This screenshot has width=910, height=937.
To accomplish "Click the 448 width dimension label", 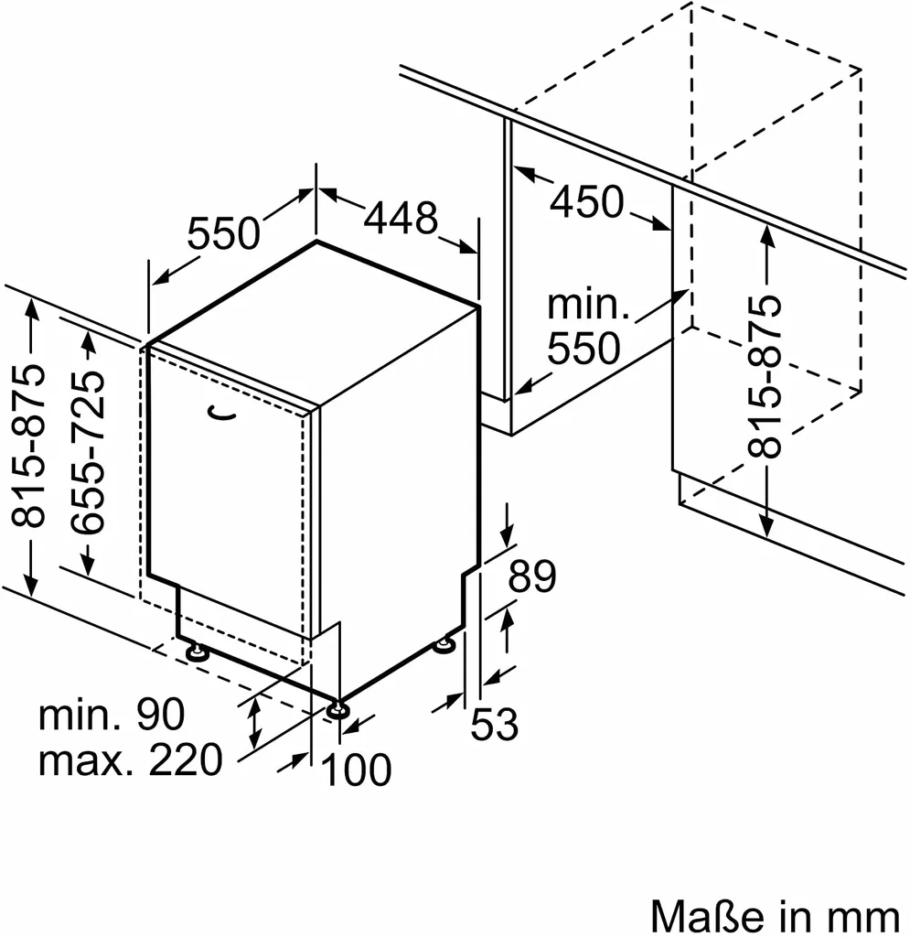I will pyautogui.click(x=401, y=219).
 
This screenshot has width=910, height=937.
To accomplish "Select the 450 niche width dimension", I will pyautogui.click(x=586, y=201).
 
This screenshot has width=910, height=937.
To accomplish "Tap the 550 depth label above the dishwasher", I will pyautogui.click(x=224, y=234).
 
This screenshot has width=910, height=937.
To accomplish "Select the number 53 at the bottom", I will pyautogui.click(x=494, y=726).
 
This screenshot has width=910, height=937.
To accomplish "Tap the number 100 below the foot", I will pyautogui.click(x=357, y=770).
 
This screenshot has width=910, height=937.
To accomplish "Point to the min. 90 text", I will pyautogui.click(x=112, y=714).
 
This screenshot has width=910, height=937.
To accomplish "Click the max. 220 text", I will pyautogui.click(x=130, y=759).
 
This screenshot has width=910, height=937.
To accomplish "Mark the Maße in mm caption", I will pyautogui.click(x=774, y=915).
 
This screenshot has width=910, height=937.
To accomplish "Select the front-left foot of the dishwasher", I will pyautogui.click(x=197, y=652).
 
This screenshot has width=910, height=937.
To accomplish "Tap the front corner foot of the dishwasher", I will pyautogui.click(x=338, y=709).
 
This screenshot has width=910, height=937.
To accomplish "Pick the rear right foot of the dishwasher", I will pyautogui.click(x=444, y=646).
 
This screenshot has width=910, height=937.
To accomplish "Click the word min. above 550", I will pyautogui.click(x=588, y=306).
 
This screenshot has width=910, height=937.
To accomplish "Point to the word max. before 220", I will pyautogui.click(x=78, y=759).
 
